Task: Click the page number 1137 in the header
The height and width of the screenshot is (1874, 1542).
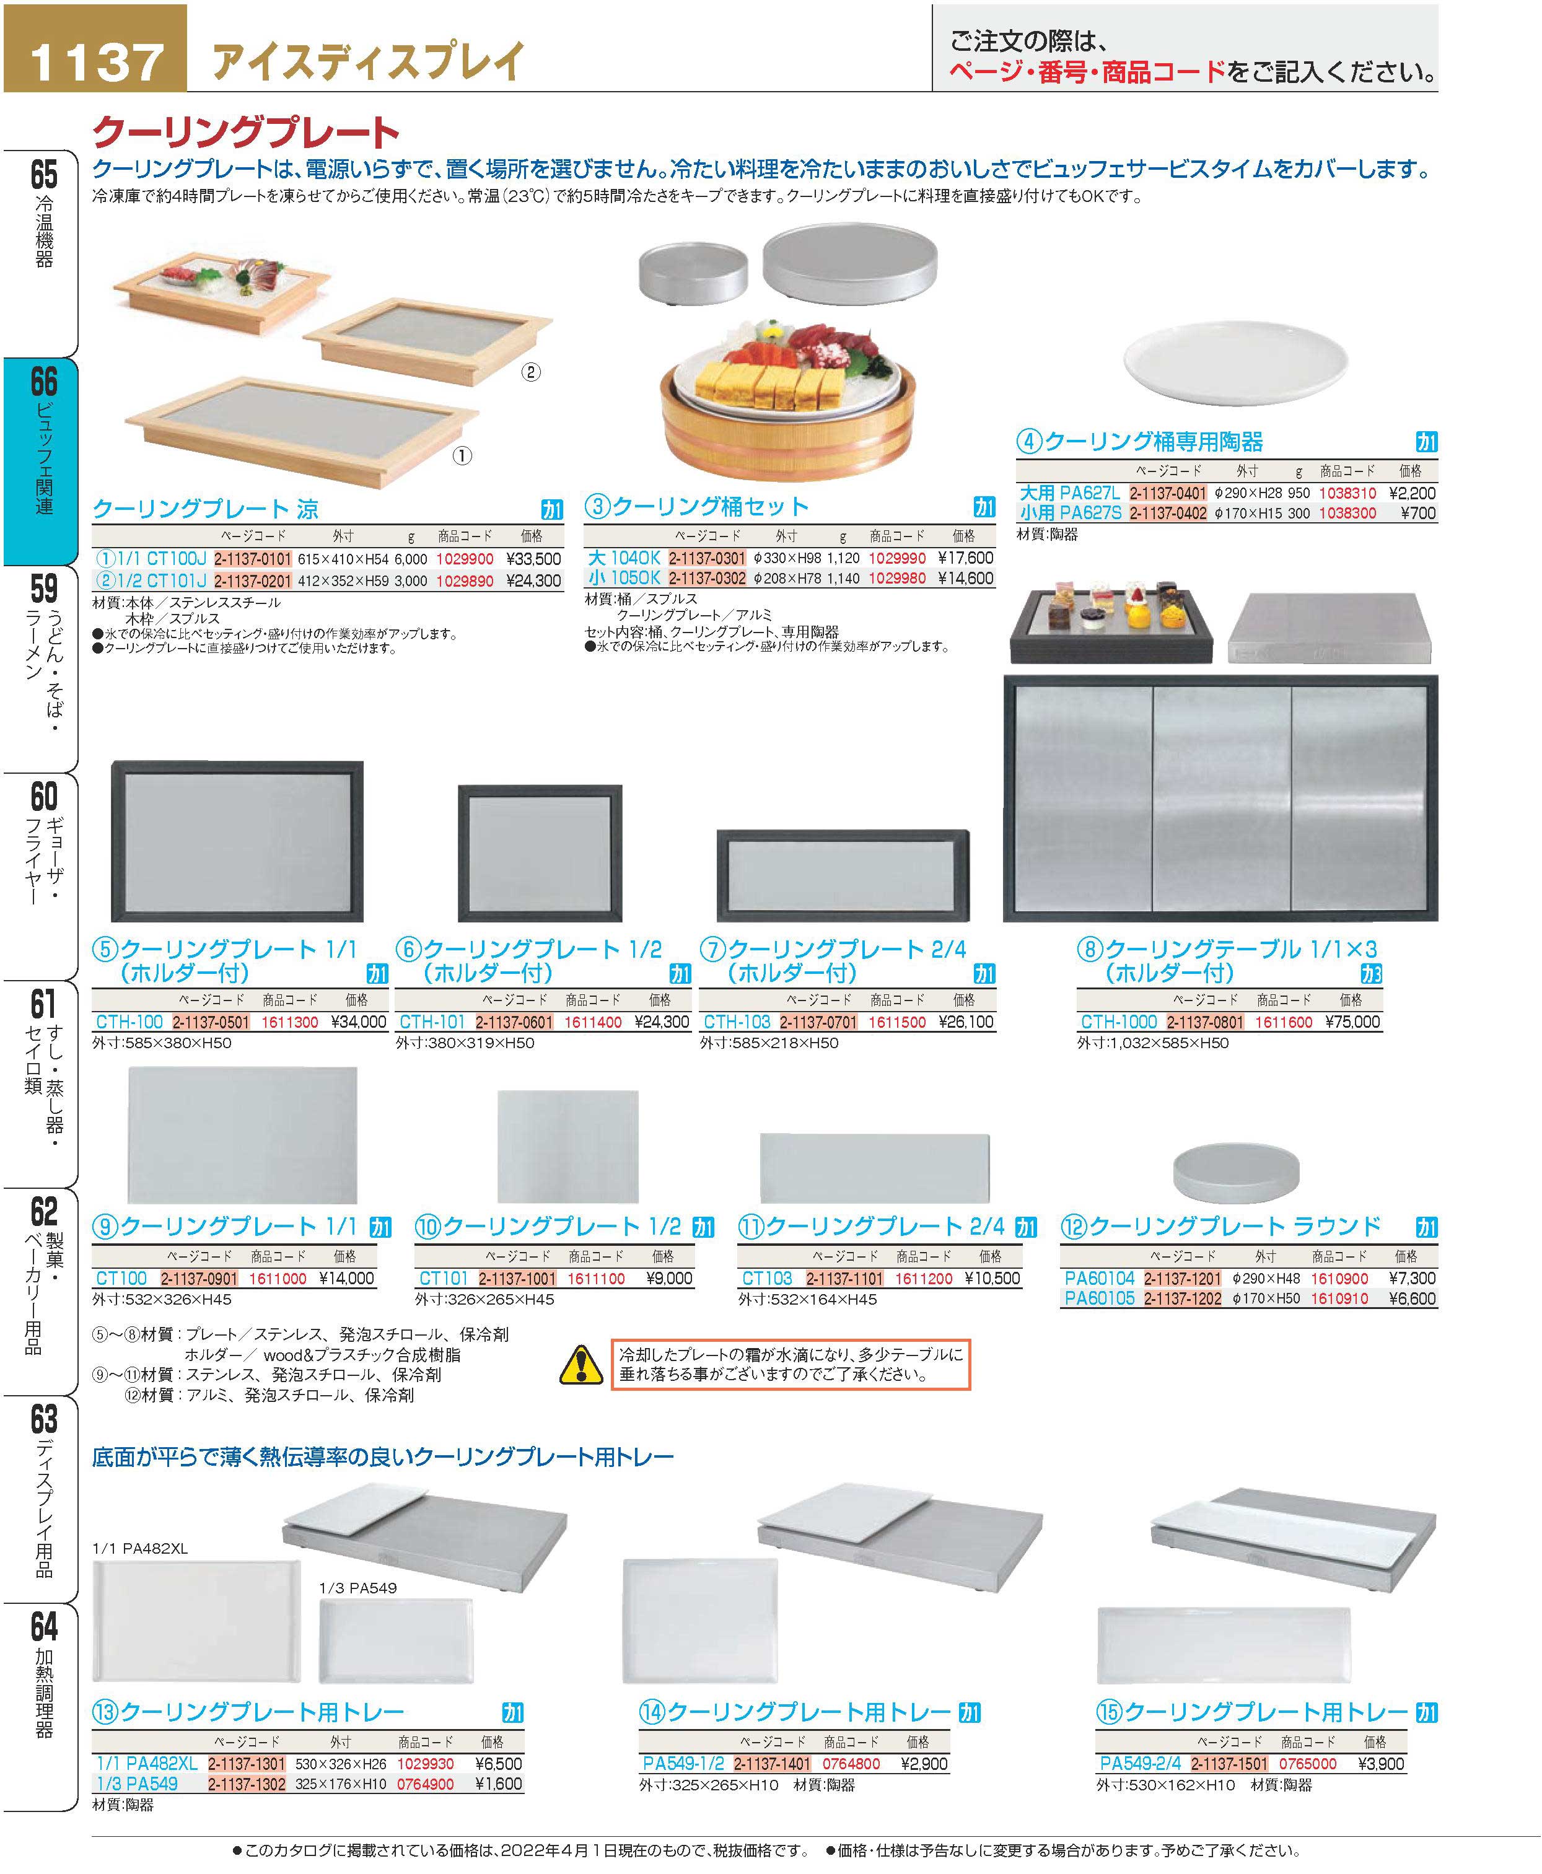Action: pos(96,60)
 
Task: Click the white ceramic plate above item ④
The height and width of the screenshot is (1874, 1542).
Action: pos(1235,361)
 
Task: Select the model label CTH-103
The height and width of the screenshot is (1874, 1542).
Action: pos(737,1022)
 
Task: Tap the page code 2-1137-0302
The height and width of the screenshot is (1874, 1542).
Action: pos(706,578)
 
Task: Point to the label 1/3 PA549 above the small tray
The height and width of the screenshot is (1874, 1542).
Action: pos(358,1587)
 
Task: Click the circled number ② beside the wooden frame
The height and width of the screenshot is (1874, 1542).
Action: pos(530,372)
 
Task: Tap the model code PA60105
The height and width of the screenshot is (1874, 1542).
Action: pos(1099,1298)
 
